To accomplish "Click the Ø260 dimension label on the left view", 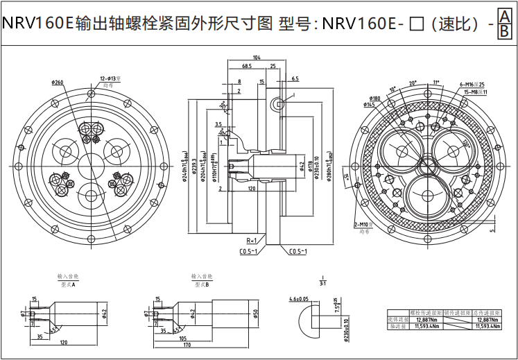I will (58, 82).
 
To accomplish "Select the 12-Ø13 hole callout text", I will (110, 78).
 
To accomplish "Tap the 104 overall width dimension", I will (257, 57).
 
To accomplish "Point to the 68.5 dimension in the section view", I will (247, 66).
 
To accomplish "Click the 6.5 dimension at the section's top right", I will (295, 79).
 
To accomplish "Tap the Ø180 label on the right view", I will (375, 98).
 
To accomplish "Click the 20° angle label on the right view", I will (413, 83).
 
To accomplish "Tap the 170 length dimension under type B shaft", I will (187, 345).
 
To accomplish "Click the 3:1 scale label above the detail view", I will (322, 283).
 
